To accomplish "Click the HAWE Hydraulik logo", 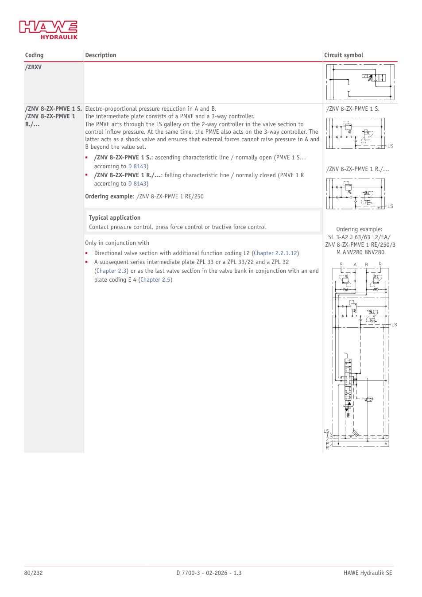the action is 48,30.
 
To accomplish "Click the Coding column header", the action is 34,55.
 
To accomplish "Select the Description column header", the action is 101,55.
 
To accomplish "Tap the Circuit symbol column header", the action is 344,55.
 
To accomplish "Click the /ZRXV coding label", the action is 33,67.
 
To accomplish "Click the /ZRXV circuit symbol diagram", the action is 360,82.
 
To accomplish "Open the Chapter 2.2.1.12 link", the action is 275,253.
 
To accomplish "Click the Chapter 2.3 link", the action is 111,271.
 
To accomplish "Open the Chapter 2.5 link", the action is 155,279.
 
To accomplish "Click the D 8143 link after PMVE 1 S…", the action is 137,167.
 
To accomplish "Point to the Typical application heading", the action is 115,218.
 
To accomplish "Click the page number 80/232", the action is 33,573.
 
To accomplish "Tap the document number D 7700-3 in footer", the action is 188,573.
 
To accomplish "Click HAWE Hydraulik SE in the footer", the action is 368,573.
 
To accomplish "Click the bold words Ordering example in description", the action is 108,197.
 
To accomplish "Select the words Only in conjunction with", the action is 117,243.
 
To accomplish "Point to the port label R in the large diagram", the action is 327,448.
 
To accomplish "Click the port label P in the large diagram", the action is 327,443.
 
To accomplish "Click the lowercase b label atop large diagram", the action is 380,264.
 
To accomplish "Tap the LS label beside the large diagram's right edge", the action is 394,325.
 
